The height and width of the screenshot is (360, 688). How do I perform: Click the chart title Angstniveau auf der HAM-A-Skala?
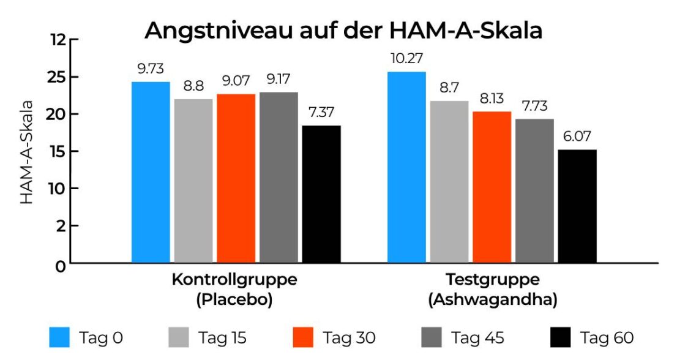[x=343, y=30]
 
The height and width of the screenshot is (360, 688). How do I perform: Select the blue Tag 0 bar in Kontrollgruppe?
[x=151, y=172]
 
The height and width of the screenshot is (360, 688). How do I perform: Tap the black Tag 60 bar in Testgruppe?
[x=577, y=206]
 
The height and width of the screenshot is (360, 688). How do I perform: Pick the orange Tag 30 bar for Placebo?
[x=236, y=178]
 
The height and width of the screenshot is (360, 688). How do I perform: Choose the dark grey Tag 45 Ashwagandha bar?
[x=534, y=190]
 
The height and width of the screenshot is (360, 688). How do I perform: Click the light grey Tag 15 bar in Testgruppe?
[x=449, y=182]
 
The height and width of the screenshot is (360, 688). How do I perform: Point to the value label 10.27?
[x=406, y=59]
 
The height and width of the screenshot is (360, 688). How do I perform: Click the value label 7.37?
[x=321, y=113]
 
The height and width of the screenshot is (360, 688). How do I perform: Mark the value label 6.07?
[x=577, y=137]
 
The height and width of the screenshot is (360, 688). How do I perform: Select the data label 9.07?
[x=236, y=81]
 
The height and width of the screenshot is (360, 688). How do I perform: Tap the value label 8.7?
[x=449, y=88]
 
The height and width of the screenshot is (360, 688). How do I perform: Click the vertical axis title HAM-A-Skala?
[x=28, y=152]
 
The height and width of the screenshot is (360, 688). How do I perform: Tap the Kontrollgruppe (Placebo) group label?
[x=234, y=290]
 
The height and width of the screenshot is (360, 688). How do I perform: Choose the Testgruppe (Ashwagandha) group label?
[x=493, y=290]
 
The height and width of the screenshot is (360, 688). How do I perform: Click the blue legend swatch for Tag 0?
[x=59, y=337]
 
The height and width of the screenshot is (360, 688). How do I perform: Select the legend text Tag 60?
[x=607, y=337]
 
